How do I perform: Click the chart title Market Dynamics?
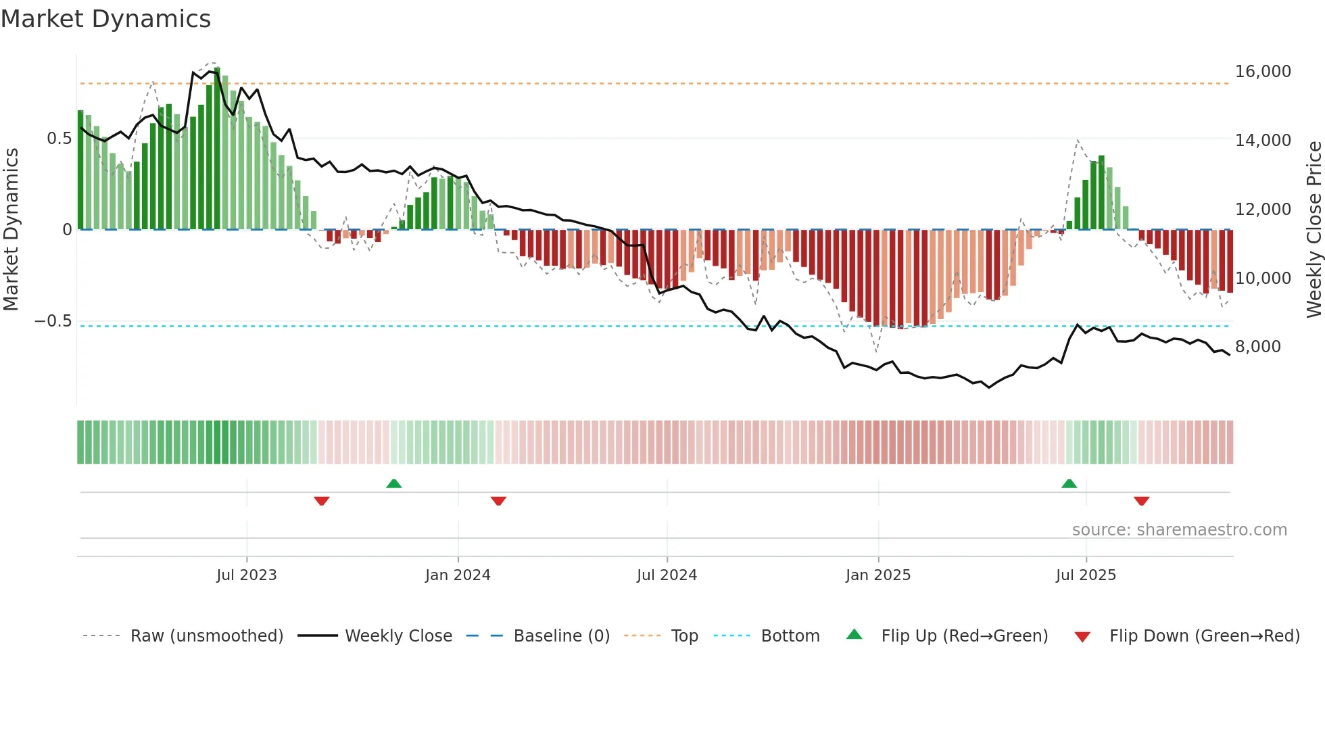click(105, 19)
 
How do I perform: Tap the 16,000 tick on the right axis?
click(1262, 72)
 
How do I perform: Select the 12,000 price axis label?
click(1262, 210)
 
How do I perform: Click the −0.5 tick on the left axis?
click(53, 321)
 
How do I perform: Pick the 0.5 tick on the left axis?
click(59, 139)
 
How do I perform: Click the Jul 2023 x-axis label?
click(246, 575)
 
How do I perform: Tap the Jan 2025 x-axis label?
click(877, 575)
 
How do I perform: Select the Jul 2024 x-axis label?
click(667, 575)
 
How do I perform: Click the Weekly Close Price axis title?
click(1314, 229)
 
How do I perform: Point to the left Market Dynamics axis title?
click(11, 229)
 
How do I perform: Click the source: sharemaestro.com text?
click(1179, 530)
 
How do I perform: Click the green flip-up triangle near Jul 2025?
click(1069, 483)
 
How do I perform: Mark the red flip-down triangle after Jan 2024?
click(498, 501)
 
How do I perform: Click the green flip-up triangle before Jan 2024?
click(393, 483)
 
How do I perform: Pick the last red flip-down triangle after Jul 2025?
click(1141, 501)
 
